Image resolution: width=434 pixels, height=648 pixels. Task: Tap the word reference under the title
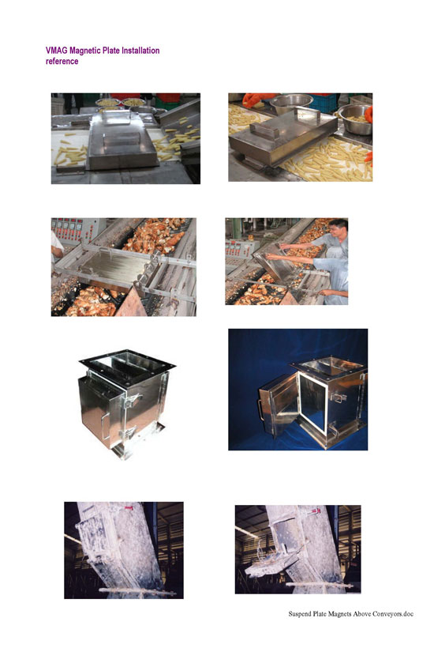pyautogui.click(x=62, y=61)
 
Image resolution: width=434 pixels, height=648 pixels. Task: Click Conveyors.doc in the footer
pyautogui.click(x=393, y=614)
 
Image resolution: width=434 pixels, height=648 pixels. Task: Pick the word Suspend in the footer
pyautogui.click(x=300, y=614)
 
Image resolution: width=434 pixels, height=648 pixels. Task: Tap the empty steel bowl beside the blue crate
pyautogui.click(x=291, y=104)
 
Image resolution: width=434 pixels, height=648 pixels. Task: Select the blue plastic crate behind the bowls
pyautogui.click(x=323, y=101)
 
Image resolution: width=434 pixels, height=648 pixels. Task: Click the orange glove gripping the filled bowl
pyautogui.click(x=369, y=115)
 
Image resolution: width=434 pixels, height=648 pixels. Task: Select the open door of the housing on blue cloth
pyautogui.click(x=278, y=411)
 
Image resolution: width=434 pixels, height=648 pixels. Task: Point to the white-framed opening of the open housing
pyautogui.click(x=312, y=406)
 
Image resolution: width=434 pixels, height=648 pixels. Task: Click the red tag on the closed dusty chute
pyautogui.click(x=130, y=507)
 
